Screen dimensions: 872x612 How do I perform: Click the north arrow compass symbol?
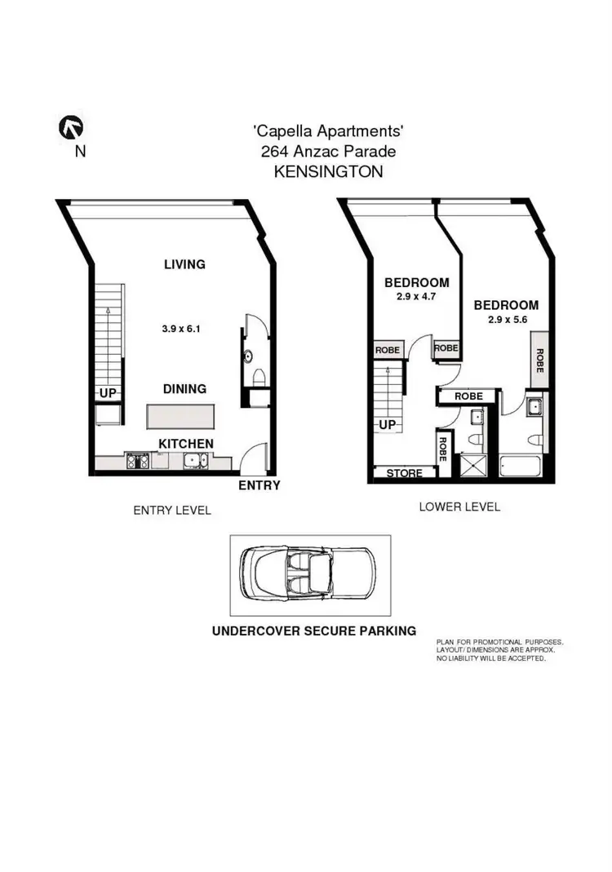click(72, 127)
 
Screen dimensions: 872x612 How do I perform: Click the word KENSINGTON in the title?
click(328, 172)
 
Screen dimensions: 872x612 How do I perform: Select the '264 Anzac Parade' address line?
click(328, 152)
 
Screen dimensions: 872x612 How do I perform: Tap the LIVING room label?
click(184, 264)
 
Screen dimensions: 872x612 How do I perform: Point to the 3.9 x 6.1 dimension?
click(181, 330)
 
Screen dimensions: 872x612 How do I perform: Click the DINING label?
click(184, 389)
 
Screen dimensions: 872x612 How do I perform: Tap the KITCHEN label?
click(186, 444)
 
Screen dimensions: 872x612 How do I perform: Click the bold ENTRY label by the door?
click(259, 485)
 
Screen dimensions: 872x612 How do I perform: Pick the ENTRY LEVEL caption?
click(172, 511)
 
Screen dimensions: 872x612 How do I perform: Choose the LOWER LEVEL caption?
click(459, 507)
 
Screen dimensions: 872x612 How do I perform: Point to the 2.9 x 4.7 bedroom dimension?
click(417, 298)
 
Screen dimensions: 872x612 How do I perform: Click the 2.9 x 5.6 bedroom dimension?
click(506, 321)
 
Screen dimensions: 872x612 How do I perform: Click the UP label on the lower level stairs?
click(388, 426)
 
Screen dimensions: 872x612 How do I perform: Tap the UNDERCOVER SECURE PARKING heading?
click(314, 631)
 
